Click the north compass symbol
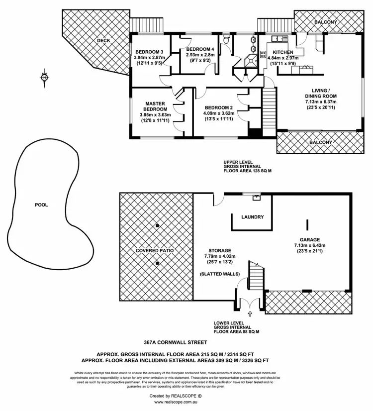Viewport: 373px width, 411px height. click(45, 78)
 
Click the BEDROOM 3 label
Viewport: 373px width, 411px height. click(149, 52)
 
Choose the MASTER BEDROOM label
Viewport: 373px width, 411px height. click(155, 106)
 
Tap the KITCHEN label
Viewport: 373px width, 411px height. click(282, 52)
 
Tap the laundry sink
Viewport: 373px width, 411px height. click(257, 198)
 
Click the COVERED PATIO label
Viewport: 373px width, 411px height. click(155, 250)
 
